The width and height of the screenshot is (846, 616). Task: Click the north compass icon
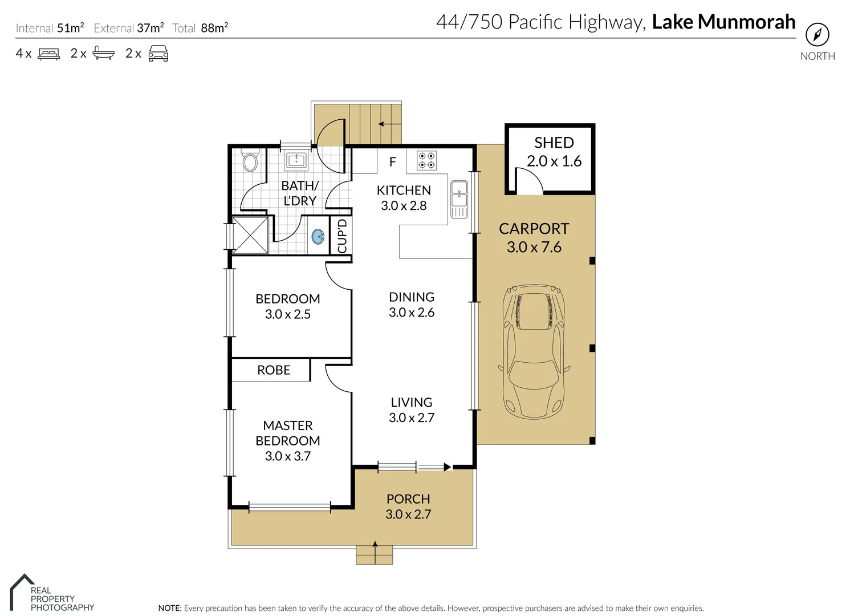pos(817,35)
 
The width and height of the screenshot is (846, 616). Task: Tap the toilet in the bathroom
pos(250,161)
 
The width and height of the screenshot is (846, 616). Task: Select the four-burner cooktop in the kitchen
pos(426,160)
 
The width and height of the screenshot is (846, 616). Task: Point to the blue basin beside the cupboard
pos(318,236)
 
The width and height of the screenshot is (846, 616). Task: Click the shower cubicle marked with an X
pos(250,235)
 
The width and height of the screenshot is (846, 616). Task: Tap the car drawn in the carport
pos(534,351)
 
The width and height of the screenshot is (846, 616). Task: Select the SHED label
pos(554,143)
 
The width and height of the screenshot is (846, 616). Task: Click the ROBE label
pos(274,370)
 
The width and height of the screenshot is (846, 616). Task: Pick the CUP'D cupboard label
pos(342,236)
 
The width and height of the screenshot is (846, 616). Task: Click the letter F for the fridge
pos(392,162)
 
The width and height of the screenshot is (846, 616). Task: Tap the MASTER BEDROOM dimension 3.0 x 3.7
pos(287,456)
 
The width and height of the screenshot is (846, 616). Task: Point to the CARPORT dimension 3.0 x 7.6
pos(534,248)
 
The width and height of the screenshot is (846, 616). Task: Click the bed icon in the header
pos(48,54)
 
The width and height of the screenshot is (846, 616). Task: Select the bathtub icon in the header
pos(103,54)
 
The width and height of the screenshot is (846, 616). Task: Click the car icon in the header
pos(158,54)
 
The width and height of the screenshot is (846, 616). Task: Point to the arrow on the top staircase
pos(389,124)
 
